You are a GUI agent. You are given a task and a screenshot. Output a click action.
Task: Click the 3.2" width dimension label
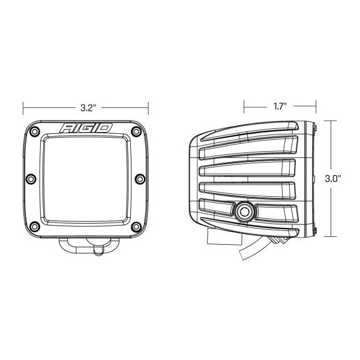point(88,107)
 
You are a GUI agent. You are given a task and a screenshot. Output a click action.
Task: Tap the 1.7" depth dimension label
point(280,107)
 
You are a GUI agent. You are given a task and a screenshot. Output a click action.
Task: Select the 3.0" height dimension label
point(333,178)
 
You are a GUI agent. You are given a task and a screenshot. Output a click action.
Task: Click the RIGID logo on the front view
point(86,128)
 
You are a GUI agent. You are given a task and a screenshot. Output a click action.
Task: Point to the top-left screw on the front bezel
point(35,131)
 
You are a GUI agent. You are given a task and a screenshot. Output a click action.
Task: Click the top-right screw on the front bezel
point(136,131)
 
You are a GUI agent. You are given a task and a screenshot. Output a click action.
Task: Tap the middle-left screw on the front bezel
point(31,179)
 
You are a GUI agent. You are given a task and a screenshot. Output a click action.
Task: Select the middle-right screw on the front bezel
point(140,179)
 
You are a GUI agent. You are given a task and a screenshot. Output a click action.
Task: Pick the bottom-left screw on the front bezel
point(35,227)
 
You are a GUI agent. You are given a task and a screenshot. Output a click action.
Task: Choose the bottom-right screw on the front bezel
point(136,227)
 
